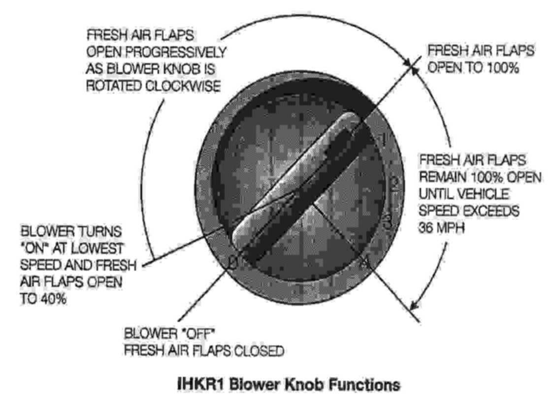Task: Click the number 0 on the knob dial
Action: (x=233, y=263)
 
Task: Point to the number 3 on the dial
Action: (x=388, y=221)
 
